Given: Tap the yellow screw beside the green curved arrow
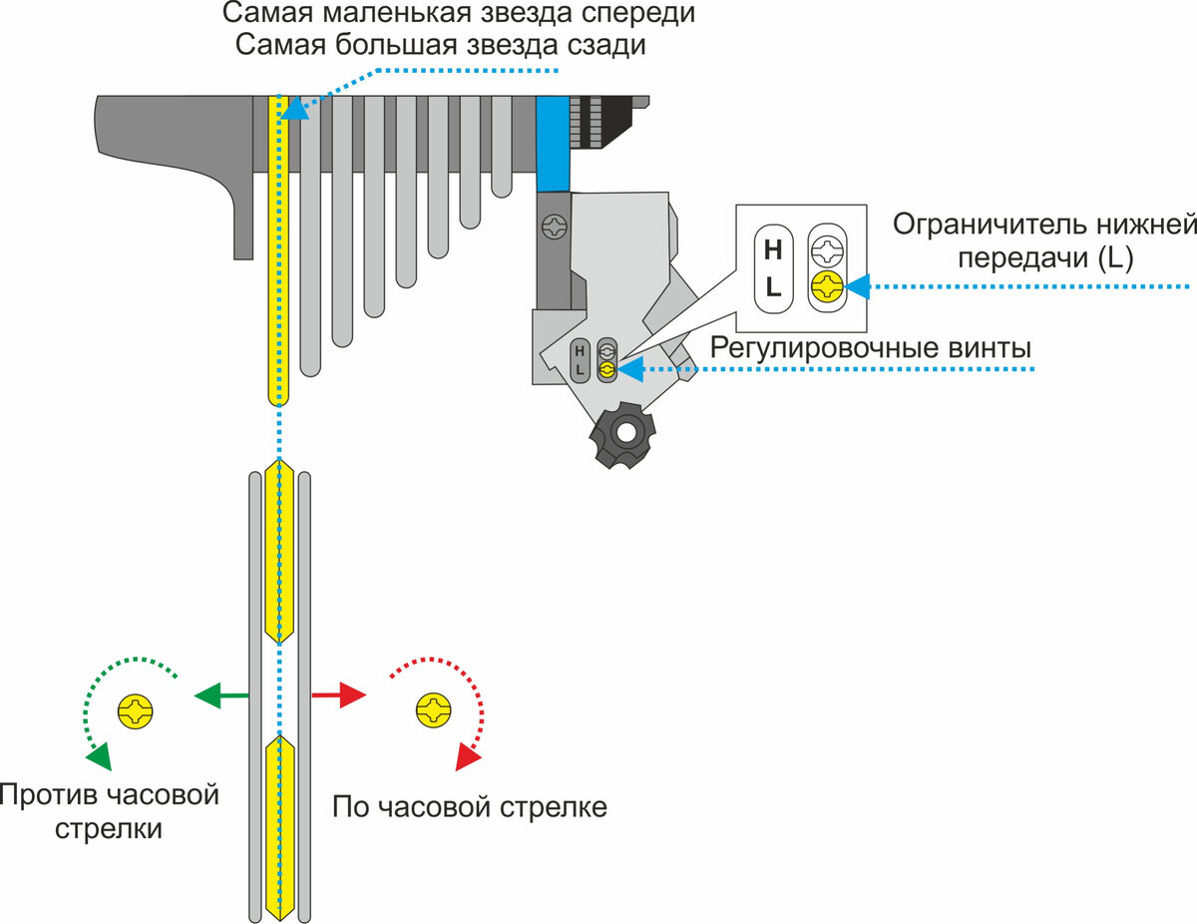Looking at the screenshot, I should pos(137,711).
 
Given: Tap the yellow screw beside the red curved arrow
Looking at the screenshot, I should pos(435,711).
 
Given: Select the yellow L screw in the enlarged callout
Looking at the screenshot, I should pos(826,287).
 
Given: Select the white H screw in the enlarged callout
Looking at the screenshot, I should pos(826,248).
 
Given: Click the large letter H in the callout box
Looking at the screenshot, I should pos(773,249).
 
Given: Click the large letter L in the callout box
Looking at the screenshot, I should pos(773,288).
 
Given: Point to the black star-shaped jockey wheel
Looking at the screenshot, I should pos(625,436).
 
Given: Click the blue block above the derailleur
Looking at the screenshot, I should pos(552,144).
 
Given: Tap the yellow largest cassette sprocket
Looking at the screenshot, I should pos(281,249).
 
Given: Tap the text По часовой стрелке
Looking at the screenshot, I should pos(469,806).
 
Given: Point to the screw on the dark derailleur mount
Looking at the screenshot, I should pos(552,228).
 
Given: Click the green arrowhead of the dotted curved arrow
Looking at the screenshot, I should pos(98,757).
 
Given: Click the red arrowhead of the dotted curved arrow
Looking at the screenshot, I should pos(467,758).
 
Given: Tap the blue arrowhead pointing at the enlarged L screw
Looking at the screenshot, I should pos(858,287).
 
